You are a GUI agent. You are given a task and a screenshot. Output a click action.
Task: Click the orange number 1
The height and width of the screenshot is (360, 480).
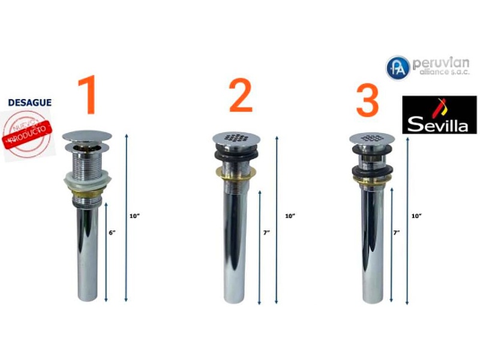[x=88, y=95]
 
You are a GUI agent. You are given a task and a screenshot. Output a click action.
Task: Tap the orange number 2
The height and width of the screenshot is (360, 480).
[x=241, y=95]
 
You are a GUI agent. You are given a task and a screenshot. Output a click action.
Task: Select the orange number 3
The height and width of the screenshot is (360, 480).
[x=368, y=100]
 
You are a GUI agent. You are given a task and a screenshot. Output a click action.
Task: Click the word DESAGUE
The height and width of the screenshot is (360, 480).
[x=29, y=103]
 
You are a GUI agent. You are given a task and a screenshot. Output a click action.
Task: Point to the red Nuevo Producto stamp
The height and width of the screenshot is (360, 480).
[x=28, y=134]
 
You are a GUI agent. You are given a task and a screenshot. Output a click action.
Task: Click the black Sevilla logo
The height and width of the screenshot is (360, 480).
[x=439, y=115]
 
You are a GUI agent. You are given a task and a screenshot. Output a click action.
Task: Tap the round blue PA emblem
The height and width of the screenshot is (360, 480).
[x=398, y=68]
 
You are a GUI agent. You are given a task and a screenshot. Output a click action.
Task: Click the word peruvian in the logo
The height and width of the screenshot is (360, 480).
[x=441, y=63]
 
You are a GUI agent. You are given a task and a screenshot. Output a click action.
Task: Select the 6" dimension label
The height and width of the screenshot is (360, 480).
[x=112, y=233]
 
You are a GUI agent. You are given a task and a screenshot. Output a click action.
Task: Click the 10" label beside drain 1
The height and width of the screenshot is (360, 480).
[x=134, y=216]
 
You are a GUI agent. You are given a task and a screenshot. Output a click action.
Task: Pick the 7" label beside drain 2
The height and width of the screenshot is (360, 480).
[x=266, y=233]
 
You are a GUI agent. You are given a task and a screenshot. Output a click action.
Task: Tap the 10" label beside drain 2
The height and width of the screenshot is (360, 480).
[x=290, y=216]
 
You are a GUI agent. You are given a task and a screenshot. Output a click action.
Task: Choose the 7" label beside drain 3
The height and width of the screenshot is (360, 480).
[x=396, y=233]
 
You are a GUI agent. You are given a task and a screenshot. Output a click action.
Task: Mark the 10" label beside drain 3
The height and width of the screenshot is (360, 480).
[x=416, y=216]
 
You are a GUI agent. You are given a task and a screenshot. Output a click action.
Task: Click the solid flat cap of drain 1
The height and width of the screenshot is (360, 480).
[x=87, y=136]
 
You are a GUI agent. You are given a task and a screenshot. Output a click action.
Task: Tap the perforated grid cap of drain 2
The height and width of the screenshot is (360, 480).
[x=236, y=139]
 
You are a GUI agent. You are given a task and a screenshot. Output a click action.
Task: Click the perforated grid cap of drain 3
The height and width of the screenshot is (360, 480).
[x=370, y=139]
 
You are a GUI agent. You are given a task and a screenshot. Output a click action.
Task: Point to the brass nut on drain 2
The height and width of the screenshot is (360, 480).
[x=236, y=174]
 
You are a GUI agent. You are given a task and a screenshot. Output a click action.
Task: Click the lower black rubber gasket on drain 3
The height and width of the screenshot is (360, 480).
[x=371, y=171]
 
